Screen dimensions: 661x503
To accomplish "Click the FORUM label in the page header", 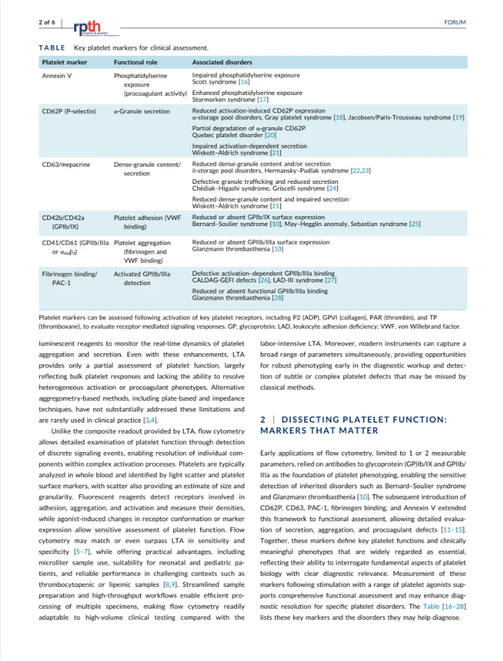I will click(455, 22).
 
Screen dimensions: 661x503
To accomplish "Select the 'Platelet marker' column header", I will click(64, 62).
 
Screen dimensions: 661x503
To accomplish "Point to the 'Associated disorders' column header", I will click(222, 62).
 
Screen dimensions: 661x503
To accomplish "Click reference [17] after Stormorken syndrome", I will click(263, 99).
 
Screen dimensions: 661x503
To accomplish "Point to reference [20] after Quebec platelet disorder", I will click(270, 134).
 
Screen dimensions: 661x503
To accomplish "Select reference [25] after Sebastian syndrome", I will click(415, 224).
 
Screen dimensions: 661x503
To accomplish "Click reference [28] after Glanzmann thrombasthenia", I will click(277, 298).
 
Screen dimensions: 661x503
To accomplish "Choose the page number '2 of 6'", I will click(47, 22).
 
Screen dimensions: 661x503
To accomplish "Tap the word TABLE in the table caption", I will click(51, 48).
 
